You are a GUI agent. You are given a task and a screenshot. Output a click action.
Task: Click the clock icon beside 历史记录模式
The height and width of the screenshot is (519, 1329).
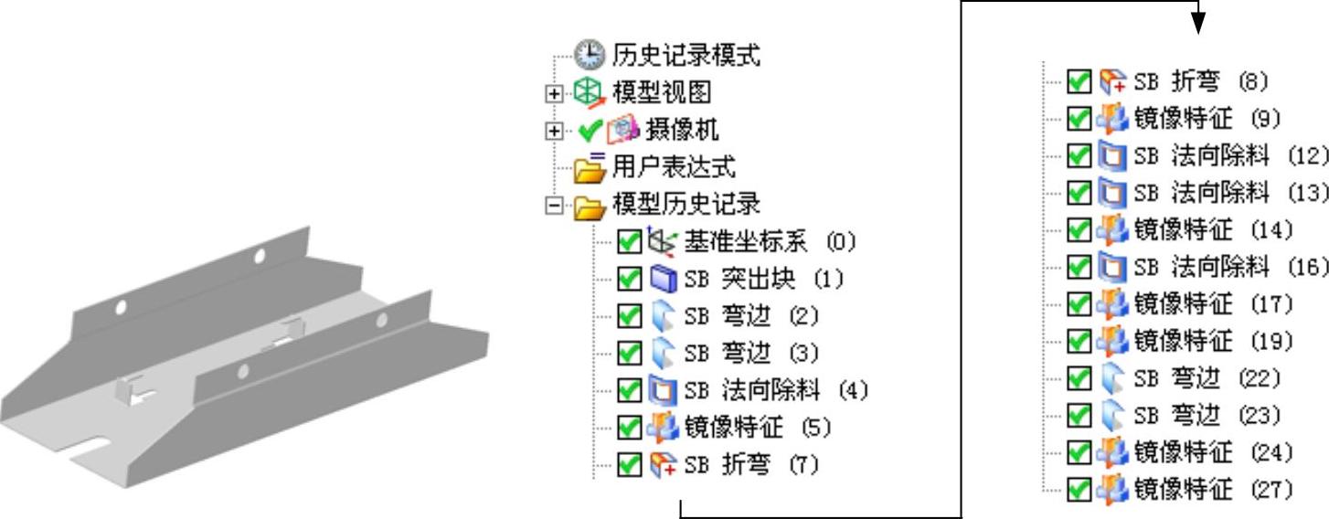tap(590, 56)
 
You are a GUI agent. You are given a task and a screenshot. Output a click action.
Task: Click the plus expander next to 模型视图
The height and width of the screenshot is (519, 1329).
tap(552, 93)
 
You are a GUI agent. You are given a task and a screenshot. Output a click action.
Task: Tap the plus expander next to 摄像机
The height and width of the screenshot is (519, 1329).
tap(552, 131)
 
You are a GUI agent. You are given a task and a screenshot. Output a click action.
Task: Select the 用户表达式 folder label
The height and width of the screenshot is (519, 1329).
tap(674, 167)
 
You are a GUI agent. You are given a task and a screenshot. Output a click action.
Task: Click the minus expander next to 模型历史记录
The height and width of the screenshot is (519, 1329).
tap(552, 205)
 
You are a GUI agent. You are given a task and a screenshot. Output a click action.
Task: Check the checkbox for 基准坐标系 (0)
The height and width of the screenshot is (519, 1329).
tap(629, 242)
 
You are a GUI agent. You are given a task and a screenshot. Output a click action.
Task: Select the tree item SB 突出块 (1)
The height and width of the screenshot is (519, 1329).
tap(763, 280)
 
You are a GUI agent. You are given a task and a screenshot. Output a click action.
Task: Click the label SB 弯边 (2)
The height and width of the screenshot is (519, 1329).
tap(750, 316)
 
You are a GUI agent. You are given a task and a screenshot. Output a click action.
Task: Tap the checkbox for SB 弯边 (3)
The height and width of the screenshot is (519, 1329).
tap(629, 354)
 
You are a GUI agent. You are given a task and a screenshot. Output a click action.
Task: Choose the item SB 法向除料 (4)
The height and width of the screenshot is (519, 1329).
tap(775, 391)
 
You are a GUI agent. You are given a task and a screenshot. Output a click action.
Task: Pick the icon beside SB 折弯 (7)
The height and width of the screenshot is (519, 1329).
tap(663, 465)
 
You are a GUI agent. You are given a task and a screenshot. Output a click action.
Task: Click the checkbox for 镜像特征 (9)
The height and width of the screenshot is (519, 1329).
tap(1079, 119)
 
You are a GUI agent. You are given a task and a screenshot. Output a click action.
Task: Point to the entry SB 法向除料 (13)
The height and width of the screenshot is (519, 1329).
tap(1230, 193)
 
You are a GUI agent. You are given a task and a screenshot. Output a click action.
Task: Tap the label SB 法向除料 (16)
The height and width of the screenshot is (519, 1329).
tap(1230, 267)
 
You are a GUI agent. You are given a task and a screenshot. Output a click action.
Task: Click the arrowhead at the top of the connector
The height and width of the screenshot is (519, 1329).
tap(1199, 22)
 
